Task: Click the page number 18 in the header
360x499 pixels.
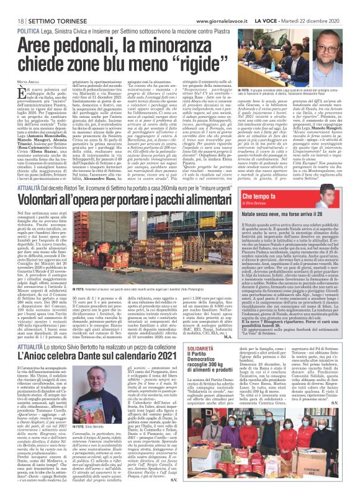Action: (x=13, y=6)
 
